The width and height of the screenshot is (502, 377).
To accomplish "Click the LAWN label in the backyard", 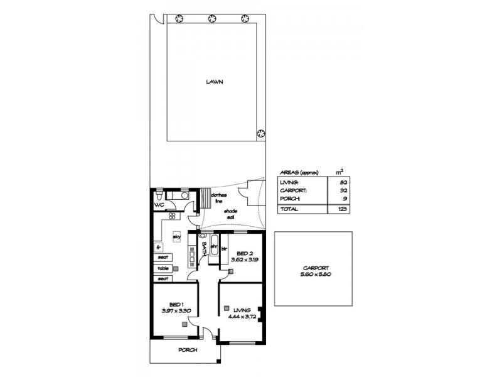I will (214, 82).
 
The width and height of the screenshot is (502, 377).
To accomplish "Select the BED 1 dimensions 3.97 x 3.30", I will (175, 310).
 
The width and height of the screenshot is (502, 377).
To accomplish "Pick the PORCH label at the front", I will (188, 350).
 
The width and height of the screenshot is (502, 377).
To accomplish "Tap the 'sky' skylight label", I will (176, 236).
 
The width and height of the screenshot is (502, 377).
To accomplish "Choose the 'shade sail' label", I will (232, 214).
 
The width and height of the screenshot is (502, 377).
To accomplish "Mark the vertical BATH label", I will (204, 249).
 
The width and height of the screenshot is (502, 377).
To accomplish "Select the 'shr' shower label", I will (213, 246).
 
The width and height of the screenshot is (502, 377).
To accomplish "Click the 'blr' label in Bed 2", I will (224, 247).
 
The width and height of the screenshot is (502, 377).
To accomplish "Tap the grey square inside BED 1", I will (184, 324).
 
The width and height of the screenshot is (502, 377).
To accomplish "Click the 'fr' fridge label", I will (158, 248).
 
